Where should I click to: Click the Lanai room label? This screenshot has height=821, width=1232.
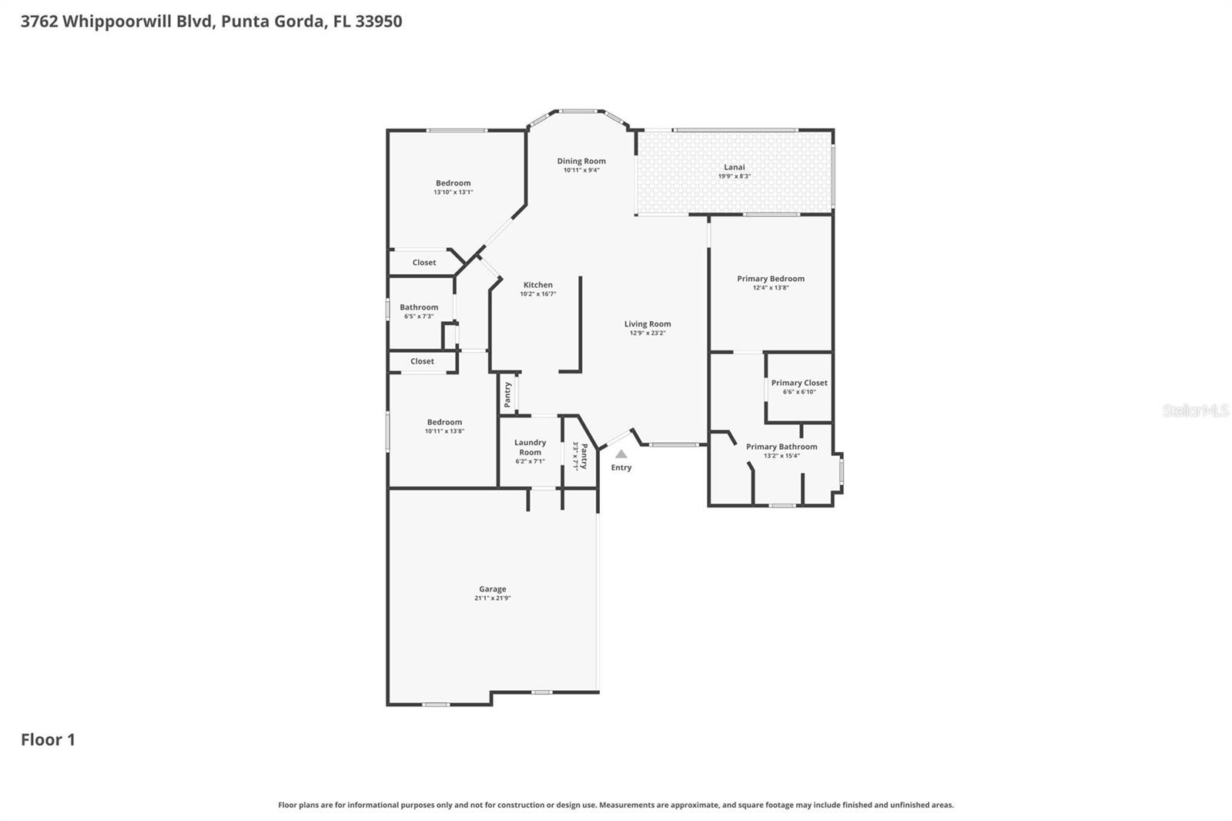click(734, 167)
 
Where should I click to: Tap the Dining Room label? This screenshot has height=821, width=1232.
click(581, 161)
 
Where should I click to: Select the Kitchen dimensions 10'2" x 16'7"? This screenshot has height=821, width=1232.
click(537, 294)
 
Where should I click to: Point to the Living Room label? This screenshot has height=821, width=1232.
click(648, 324)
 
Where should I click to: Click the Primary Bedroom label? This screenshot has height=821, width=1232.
click(771, 279)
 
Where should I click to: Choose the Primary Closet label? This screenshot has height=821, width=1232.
click(799, 383)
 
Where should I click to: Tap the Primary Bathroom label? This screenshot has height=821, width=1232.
click(782, 447)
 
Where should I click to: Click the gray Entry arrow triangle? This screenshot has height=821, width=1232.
click(621, 454)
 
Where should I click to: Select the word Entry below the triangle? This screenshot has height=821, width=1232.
click(621, 467)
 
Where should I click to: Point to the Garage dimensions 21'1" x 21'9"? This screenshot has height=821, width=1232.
click(492, 598)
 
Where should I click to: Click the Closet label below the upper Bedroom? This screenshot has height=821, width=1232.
click(423, 263)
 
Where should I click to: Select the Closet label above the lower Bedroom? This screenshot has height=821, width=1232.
click(422, 361)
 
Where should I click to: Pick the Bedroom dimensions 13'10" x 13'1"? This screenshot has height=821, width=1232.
click(453, 193)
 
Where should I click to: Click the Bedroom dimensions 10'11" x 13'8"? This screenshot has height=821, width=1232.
click(444, 431)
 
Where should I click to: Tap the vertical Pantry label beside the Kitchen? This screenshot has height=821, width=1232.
click(507, 394)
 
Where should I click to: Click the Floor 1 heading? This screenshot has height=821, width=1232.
click(48, 739)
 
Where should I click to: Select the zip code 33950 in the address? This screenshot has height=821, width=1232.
click(378, 21)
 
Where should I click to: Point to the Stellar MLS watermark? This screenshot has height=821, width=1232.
click(1195, 410)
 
